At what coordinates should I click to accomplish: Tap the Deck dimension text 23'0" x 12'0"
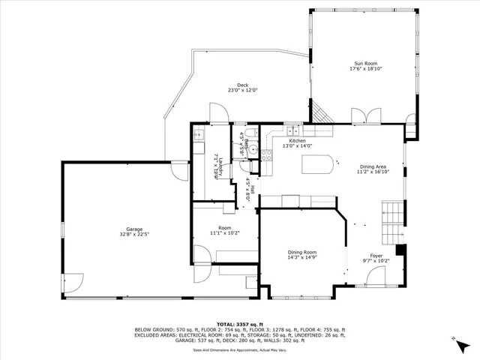(x=242, y=90)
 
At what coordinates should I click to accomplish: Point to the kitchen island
(x=319, y=163)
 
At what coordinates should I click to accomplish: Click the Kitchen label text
(x=298, y=141)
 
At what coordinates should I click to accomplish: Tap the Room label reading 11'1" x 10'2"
(x=224, y=232)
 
